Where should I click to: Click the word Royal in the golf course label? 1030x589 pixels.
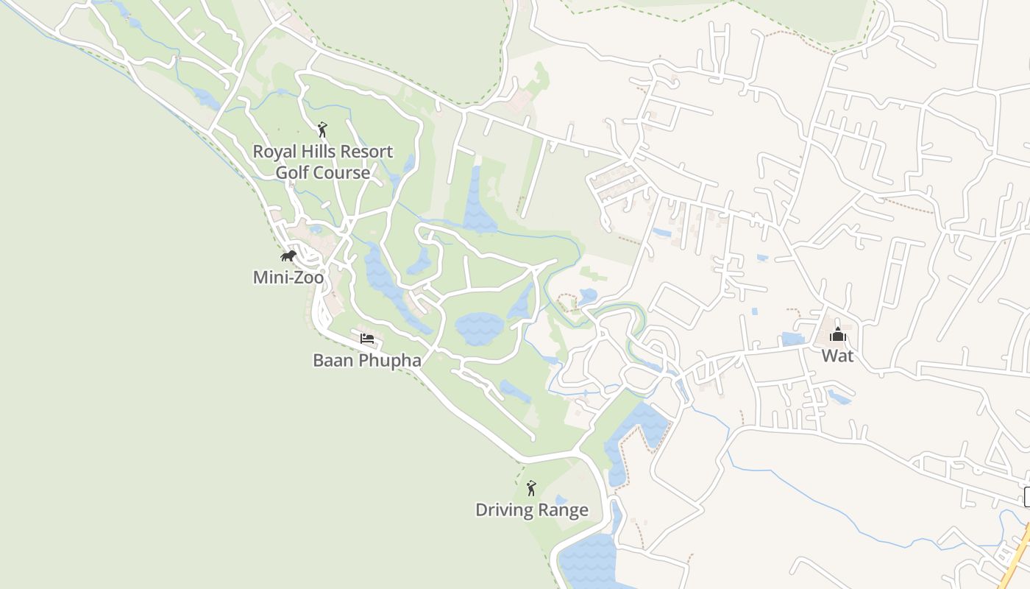coord(274,152)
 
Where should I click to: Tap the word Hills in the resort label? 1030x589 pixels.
coord(318,152)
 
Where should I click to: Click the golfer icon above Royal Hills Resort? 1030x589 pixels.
coord(322,130)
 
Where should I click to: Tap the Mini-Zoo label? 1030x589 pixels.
coord(288,278)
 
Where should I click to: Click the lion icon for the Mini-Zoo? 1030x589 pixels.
coord(288,256)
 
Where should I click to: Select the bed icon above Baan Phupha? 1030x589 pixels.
coord(367,339)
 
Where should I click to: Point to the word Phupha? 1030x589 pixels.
coord(387,361)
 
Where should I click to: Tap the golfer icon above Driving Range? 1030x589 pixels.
coord(531,488)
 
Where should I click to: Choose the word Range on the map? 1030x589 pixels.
coord(564,510)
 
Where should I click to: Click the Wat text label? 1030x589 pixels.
coord(837,356)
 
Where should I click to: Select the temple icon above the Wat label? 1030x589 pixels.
coord(837,336)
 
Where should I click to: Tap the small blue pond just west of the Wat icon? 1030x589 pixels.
coord(793,339)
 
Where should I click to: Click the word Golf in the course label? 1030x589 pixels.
coord(293,173)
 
